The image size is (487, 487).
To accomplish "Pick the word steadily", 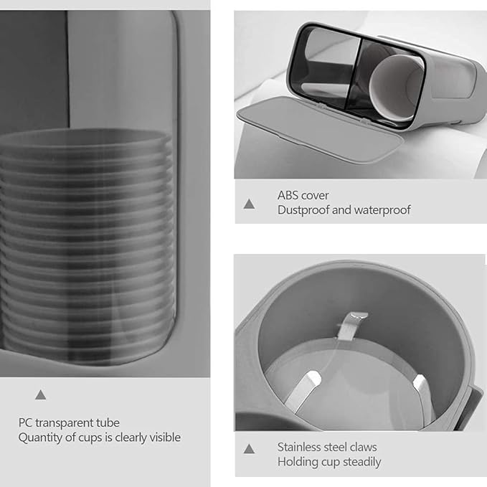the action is tap(361, 462).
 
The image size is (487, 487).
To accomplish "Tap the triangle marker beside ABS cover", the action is tap(249, 204).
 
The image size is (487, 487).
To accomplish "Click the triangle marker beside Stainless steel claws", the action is tap(249, 449).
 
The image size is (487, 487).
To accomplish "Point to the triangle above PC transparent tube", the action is tap(40, 395).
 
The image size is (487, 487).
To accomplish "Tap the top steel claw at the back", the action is tap(352, 326).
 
